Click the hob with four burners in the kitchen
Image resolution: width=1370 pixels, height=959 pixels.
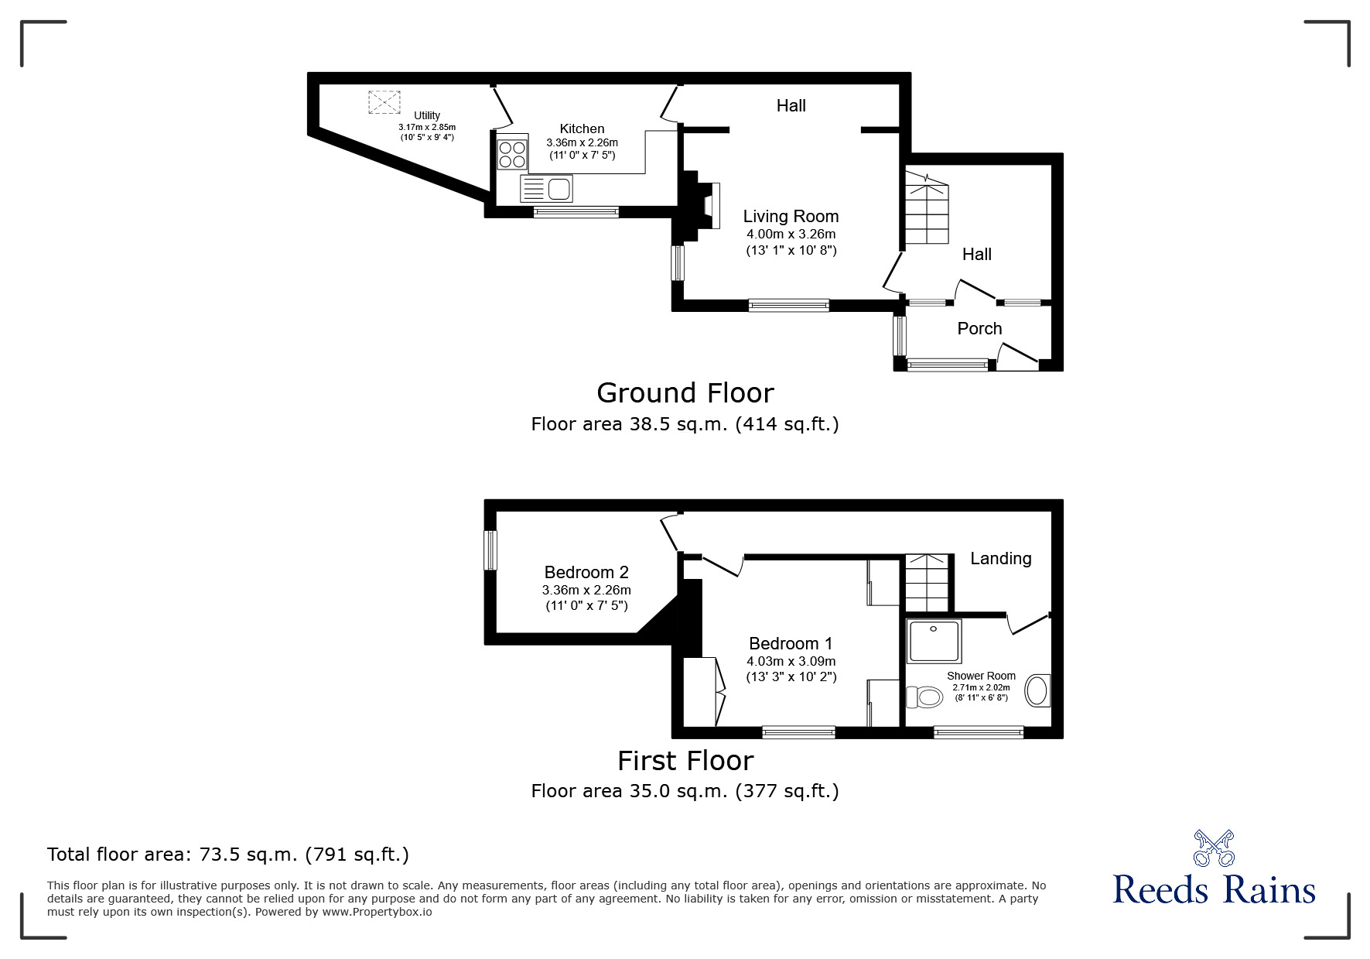[x=512, y=152]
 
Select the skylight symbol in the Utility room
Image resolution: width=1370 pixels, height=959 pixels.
[x=385, y=102]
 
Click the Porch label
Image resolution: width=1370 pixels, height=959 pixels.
[x=979, y=328]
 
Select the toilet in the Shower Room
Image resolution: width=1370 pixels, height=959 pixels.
[x=924, y=697]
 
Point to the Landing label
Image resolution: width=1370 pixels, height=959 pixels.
[x=1000, y=558]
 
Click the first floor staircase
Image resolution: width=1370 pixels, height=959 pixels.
[x=927, y=584]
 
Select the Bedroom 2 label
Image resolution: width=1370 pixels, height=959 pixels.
[x=586, y=572]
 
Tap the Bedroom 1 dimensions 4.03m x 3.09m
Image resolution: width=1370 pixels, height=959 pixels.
[x=791, y=661]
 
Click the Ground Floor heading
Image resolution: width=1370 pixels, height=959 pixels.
[x=685, y=393]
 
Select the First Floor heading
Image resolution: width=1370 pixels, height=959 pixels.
[x=685, y=761]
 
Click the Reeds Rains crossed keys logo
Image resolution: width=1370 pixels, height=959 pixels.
[x=1214, y=848]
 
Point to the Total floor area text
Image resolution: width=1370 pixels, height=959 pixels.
[x=228, y=855]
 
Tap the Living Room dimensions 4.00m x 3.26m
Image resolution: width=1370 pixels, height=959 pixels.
[x=791, y=234]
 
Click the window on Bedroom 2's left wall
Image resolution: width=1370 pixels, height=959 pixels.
[x=490, y=550]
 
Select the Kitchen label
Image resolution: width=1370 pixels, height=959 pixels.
[x=582, y=128]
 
